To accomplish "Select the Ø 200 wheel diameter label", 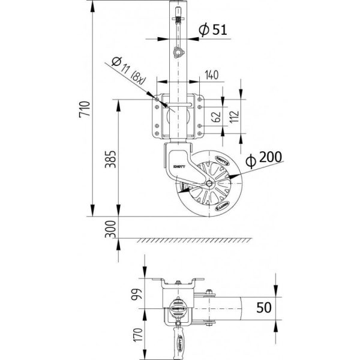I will (263, 157).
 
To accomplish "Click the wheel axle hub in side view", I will (208, 184).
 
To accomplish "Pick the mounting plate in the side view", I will (178, 116).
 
